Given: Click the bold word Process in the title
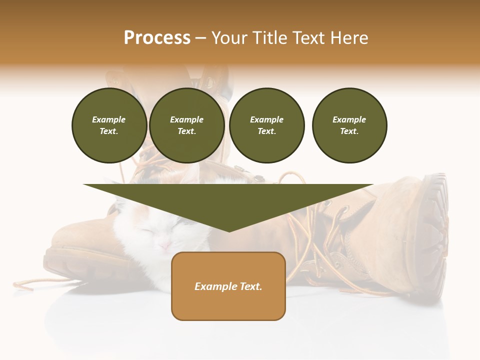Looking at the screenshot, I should pos(157,38).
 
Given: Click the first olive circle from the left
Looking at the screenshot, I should pos(109,125).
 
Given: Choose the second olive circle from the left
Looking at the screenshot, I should pos(186,125).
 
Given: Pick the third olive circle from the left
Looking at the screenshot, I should pos(266,125).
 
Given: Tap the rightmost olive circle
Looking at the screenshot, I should pos(349,125).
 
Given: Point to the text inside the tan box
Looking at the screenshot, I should pos(228,286).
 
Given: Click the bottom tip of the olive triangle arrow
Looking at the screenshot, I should pos(228,230).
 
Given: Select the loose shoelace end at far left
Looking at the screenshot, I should pos(22,285).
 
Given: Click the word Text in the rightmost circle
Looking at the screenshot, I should pos(349,131).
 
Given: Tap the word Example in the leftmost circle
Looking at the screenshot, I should pos(109,119).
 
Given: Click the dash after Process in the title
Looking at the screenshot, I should pos(201,38).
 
